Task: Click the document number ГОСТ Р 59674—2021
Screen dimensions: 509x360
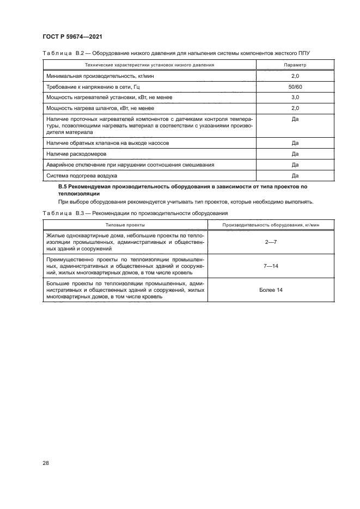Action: coord(72,36)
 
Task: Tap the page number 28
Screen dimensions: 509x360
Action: coord(46,463)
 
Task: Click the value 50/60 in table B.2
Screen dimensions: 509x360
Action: coord(295,87)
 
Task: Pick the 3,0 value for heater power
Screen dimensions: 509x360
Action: coord(295,97)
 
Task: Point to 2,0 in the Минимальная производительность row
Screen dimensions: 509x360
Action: coord(295,76)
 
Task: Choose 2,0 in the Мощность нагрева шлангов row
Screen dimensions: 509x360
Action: coord(295,108)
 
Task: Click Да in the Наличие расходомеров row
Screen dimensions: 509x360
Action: coord(295,154)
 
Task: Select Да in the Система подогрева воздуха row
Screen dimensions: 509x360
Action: coord(295,175)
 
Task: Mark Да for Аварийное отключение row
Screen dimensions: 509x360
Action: coord(295,164)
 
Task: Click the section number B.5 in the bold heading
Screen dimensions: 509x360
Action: coord(63,187)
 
